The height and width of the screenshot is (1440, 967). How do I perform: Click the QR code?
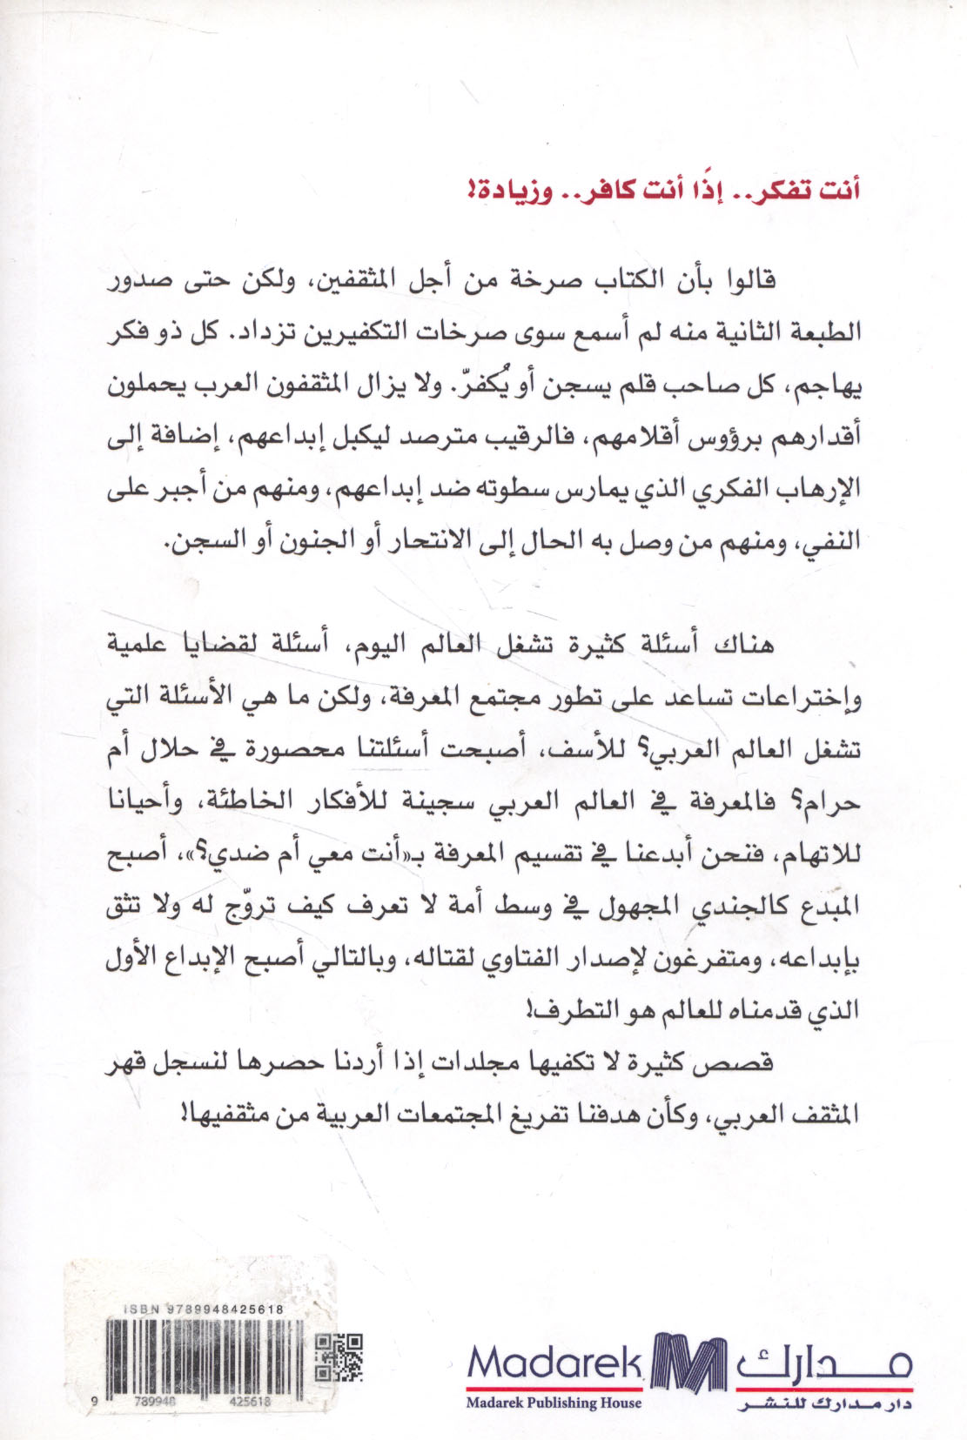point(338,1356)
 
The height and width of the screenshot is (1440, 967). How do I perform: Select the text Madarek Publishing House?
point(554,1402)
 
